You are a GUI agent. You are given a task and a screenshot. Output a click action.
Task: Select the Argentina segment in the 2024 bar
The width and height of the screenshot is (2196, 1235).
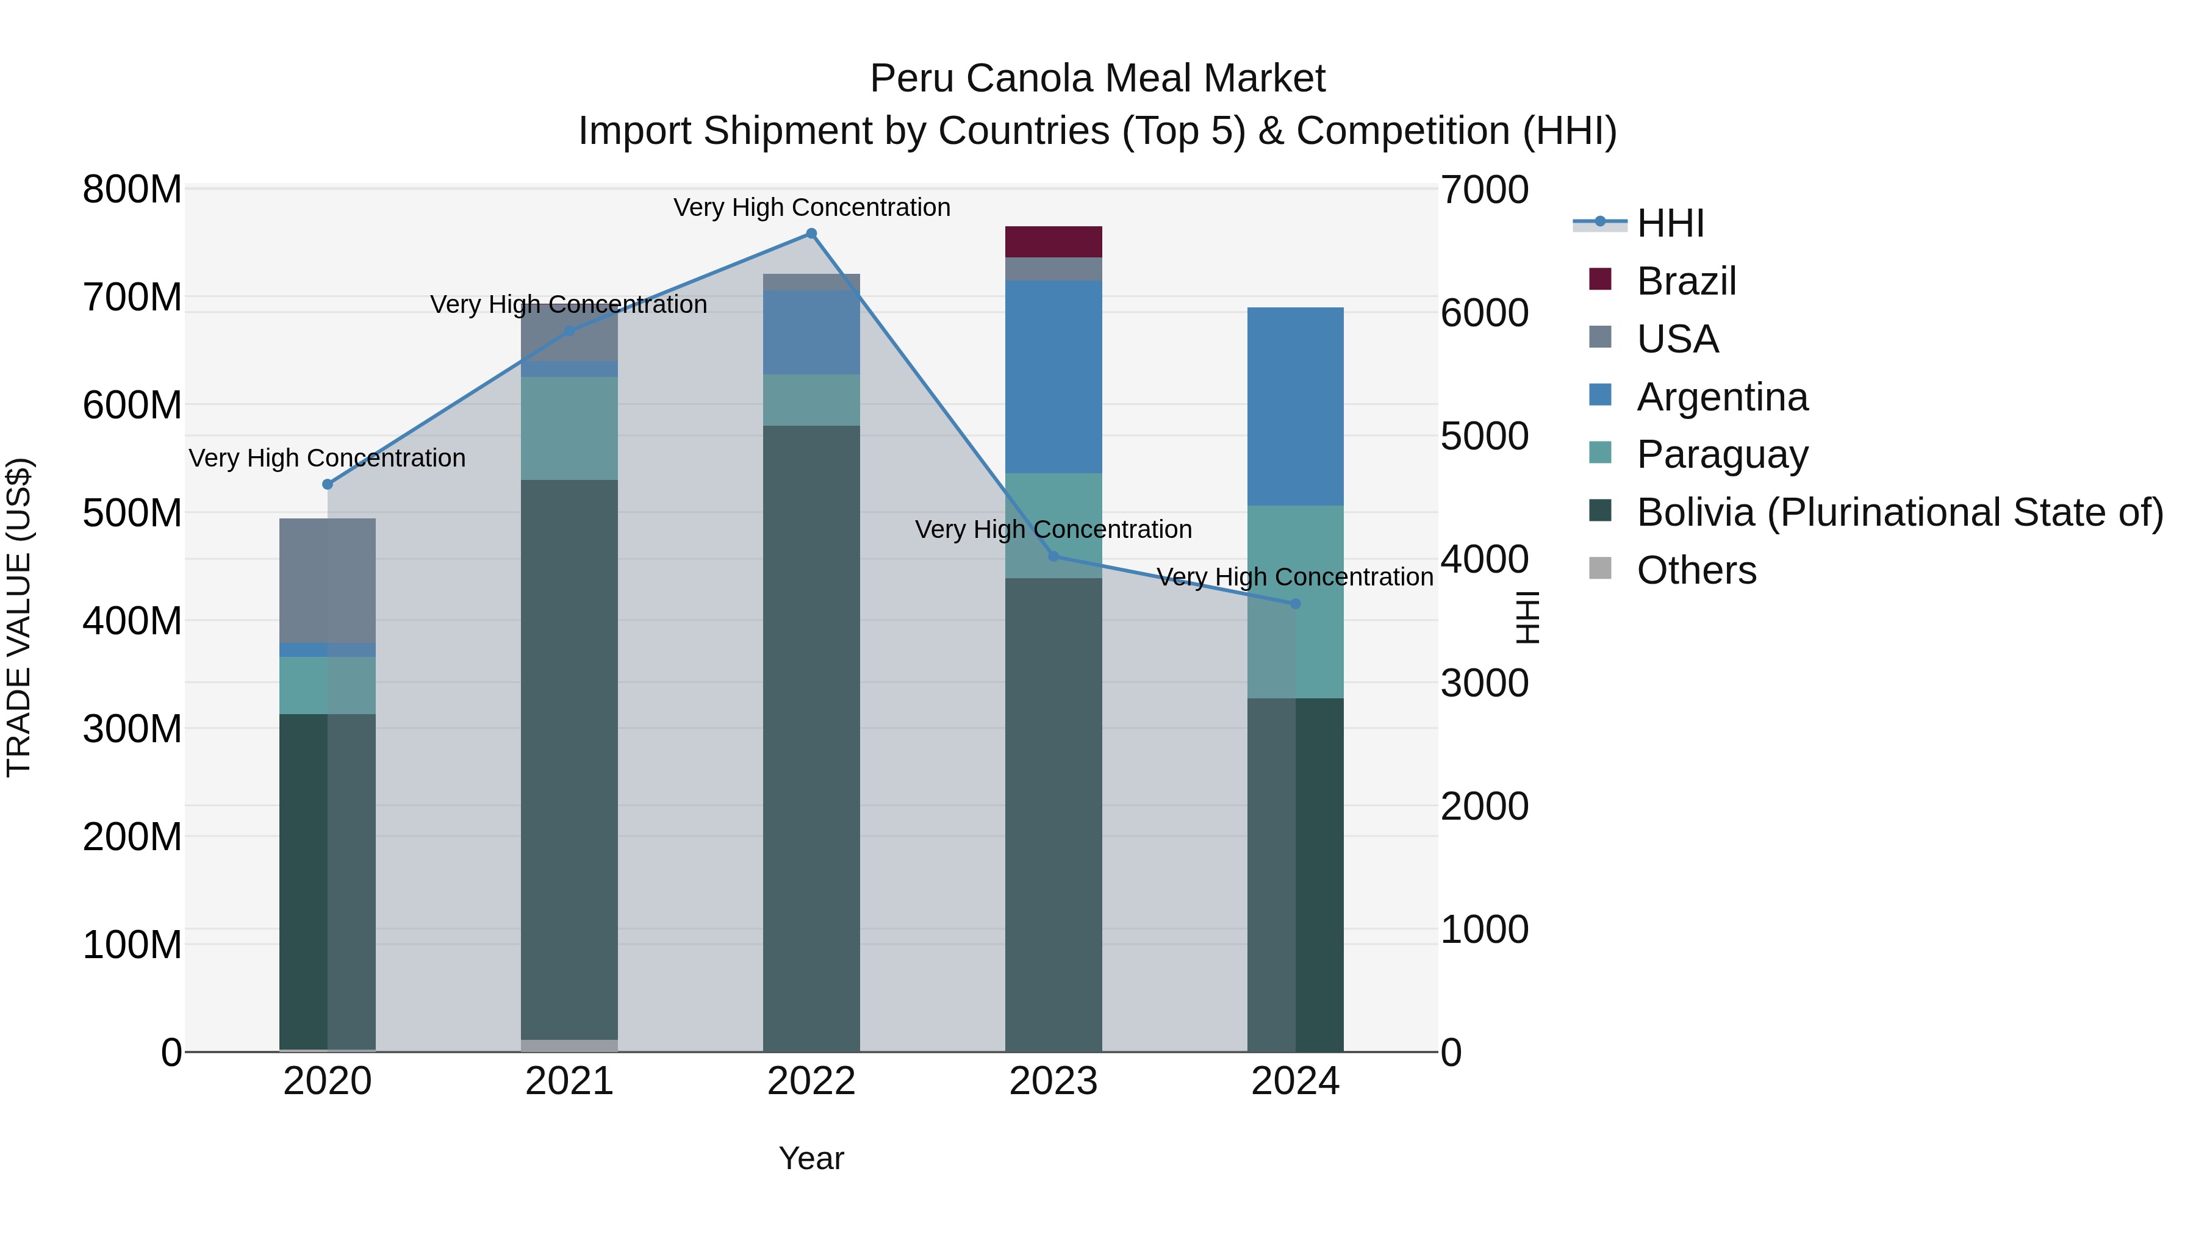[x=1295, y=407]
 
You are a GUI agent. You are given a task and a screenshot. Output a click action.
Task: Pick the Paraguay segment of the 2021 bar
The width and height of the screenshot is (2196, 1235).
[x=570, y=428]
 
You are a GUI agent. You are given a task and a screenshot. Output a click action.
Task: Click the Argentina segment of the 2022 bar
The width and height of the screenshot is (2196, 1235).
[x=811, y=332]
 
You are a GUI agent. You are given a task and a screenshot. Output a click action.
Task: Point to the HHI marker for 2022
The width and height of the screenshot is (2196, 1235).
[x=811, y=234]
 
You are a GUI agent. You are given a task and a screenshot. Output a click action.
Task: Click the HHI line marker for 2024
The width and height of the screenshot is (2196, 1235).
[x=1295, y=603]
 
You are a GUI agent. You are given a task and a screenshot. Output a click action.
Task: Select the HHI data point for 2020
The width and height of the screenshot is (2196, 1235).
[x=328, y=484]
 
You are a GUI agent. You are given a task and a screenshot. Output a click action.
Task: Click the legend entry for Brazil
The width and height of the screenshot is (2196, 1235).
[x=1685, y=281]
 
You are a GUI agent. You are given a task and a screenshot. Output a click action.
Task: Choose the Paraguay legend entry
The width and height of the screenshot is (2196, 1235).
[x=1721, y=454]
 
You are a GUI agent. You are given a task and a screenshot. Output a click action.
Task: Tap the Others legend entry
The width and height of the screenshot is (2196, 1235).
[x=1696, y=570]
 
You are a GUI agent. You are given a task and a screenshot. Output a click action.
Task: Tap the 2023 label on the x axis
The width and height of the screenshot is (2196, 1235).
[x=1053, y=1081]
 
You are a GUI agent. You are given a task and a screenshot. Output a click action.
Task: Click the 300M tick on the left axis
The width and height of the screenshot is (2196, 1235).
[x=132, y=729]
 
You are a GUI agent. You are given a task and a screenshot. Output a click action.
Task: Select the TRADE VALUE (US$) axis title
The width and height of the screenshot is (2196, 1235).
[x=19, y=617]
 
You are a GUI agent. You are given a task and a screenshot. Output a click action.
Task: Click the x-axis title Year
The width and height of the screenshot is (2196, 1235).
[x=811, y=1158]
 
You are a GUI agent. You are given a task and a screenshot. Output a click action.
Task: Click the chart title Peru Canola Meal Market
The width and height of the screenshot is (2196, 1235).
[x=1097, y=79]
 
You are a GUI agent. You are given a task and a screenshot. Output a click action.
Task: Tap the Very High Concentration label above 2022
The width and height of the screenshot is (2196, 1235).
[x=811, y=207]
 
